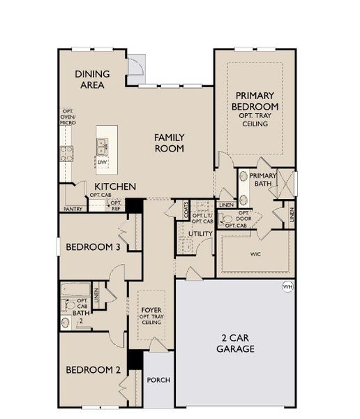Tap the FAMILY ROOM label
pyautogui.click(x=170, y=142)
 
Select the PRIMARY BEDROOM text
pyautogui.click(x=256, y=101)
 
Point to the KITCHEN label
pyautogui.click(x=115, y=186)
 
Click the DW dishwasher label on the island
pyautogui.click(x=103, y=163)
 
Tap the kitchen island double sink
pyautogui.click(x=103, y=147)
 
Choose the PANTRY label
pyautogui.click(x=73, y=208)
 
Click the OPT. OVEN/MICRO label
pyautogui.click(x=68, y=117)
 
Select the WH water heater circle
pyautogui.click(x=287, y=286)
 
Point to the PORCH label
pyautogui.click(x=158, y=380)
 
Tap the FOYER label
pyautogui.click(x=151, y=309)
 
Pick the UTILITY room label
pyautogui.click(x=201, y=234)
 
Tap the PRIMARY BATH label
pyautogui.click(x=263, y=179)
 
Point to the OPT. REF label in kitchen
pyautogui.click(x=116, y=205)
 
